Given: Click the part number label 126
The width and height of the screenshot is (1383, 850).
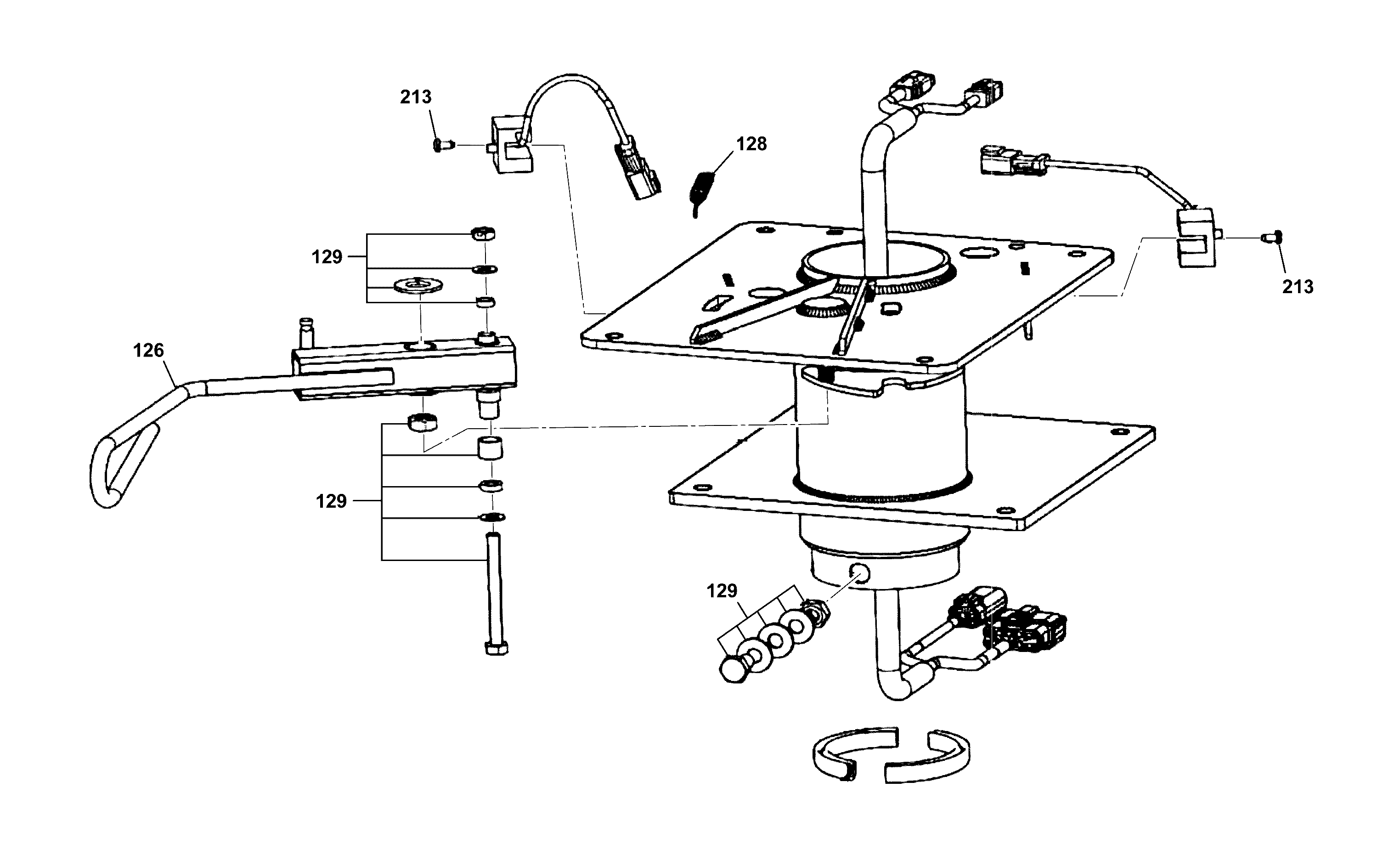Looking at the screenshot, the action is tap(148, 351).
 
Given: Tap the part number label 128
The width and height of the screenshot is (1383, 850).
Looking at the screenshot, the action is tap(751, 144).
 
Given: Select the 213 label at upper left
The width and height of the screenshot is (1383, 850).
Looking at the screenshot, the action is tap(416, 97).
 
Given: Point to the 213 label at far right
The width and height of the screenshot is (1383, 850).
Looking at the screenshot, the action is tap(1298, 287).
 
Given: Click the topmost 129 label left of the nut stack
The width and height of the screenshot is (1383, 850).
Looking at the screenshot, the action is tap(327, 257).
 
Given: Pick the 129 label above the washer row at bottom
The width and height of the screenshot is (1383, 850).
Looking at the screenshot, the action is tap(722, 591).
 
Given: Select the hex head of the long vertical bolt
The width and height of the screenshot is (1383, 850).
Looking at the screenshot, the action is tap(496, 648).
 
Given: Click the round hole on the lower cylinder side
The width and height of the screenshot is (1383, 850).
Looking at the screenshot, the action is tap(860, 574).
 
